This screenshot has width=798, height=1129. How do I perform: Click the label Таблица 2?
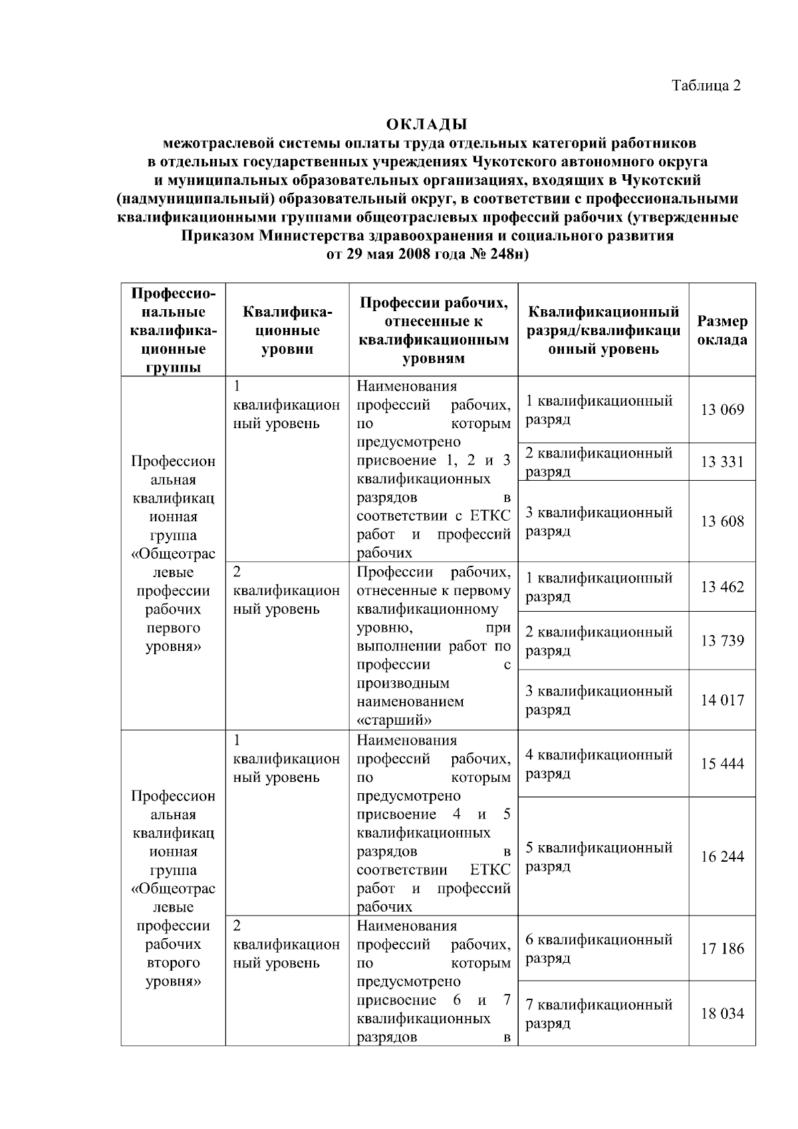point(706,86)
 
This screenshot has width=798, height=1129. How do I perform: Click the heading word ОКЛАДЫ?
point(427,124)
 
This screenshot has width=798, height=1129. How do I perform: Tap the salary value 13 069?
point(722,410)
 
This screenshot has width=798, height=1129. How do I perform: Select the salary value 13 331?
point(722,462)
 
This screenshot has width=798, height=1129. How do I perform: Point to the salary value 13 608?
point(722,521)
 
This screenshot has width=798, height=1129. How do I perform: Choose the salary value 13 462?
point(722,587)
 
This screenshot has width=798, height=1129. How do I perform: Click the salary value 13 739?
point(722,641)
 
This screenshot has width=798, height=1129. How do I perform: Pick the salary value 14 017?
point(722,700)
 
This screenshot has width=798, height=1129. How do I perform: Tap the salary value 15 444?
point(722,764)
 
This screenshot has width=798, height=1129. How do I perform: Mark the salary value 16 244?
point(722,856)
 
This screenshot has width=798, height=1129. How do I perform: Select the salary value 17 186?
point(722,949)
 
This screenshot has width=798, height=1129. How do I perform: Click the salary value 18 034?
point(722,1014)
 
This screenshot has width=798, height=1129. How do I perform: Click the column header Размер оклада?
point(722,330)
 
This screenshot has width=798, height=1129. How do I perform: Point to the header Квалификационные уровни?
point(287,330)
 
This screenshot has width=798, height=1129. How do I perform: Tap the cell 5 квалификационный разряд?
point(598,857)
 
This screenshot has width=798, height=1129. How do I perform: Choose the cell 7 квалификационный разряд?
point(598,1014)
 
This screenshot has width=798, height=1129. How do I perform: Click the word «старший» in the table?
point(394,720)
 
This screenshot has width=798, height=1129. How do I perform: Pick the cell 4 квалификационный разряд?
point(598,764)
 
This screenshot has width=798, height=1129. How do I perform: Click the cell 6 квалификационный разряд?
point(598,949)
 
